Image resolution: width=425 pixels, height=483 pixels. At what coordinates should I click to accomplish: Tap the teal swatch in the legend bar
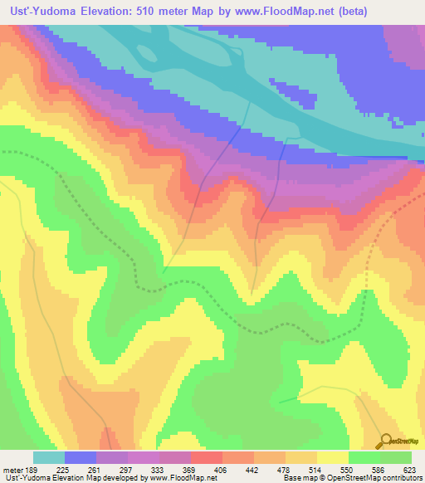pyautogui.click(x=49, y=457)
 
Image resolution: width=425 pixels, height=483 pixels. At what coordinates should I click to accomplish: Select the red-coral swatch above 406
pyautogui.click(x=207, y=457)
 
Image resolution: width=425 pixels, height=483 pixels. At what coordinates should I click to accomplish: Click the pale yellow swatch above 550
pyautogui.click(x=333, y=457)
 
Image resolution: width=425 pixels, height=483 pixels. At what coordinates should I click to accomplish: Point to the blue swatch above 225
pyautogui.click(x=81, y=457)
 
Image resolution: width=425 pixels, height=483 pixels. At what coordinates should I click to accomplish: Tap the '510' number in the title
pyautogui.click(x=156, y=11)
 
